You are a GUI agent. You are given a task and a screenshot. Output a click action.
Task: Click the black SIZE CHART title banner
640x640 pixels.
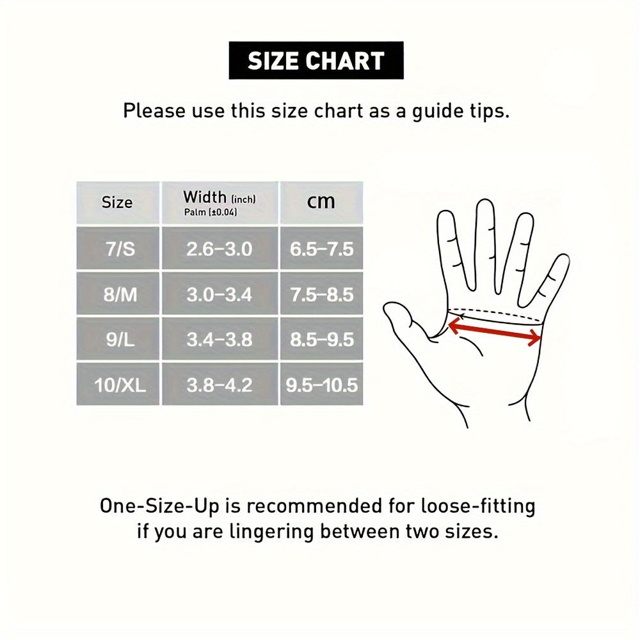[x=316, y=60]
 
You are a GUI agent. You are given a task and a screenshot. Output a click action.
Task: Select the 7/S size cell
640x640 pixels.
[x=118, y=248]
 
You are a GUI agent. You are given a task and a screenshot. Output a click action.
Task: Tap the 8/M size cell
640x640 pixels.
[x=118, y=294]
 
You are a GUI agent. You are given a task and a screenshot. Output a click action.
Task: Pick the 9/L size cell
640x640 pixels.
[x=118, y=339]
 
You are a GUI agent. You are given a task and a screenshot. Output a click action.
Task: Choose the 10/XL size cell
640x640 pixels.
[x=118, y=385]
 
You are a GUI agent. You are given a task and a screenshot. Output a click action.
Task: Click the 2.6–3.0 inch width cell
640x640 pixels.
[x=220, y=248]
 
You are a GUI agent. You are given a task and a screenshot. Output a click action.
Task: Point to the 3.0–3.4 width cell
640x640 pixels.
[x=220, y=294]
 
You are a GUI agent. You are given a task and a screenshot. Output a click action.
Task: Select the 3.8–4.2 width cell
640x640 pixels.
[x=220, y=385]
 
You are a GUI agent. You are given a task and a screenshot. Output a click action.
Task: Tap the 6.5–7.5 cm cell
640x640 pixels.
[x=322, y=248]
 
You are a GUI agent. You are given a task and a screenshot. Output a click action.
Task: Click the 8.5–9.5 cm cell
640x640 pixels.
[x=322, y=339]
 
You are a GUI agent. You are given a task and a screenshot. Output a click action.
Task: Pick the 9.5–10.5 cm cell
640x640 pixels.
[x=322, y=385]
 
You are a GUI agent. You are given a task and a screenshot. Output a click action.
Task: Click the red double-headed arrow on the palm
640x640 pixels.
[x=495, y=332]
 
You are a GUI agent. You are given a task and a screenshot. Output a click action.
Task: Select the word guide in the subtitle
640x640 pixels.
[x=435, y=111]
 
